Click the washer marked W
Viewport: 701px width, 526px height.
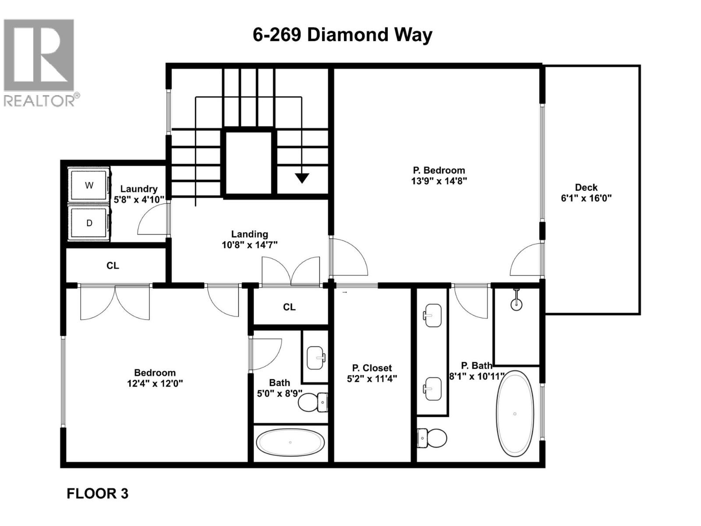tap(89, 185)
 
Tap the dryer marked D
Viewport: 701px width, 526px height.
tap(89, 223)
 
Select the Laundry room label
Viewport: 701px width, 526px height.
tap(139, 189)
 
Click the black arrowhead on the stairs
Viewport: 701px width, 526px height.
tap(302, 178)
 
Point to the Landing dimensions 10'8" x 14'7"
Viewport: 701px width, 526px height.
tap(249, 245)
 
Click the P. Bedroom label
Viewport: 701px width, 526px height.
tap(439, 170)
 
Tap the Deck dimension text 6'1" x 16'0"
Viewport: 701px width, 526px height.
tap(586, 198)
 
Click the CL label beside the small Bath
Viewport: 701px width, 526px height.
tap(289, 307)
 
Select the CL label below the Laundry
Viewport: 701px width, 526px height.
tap(113, 266)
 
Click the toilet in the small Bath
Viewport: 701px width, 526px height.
tap(312, 402)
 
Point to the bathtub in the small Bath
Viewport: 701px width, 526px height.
tap(290, 442)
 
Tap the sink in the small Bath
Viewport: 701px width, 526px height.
tap(316, 358)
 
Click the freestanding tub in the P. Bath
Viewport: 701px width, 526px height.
tap(515, 413)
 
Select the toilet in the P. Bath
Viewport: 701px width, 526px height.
tap(432, 437)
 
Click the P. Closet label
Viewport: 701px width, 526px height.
tap(372, 368)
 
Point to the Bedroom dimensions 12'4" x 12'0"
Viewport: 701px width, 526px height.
tap(155, 384)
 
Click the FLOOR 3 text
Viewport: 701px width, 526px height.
tap(97, 494)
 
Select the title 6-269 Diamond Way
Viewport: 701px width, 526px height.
tap(342, 35)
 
